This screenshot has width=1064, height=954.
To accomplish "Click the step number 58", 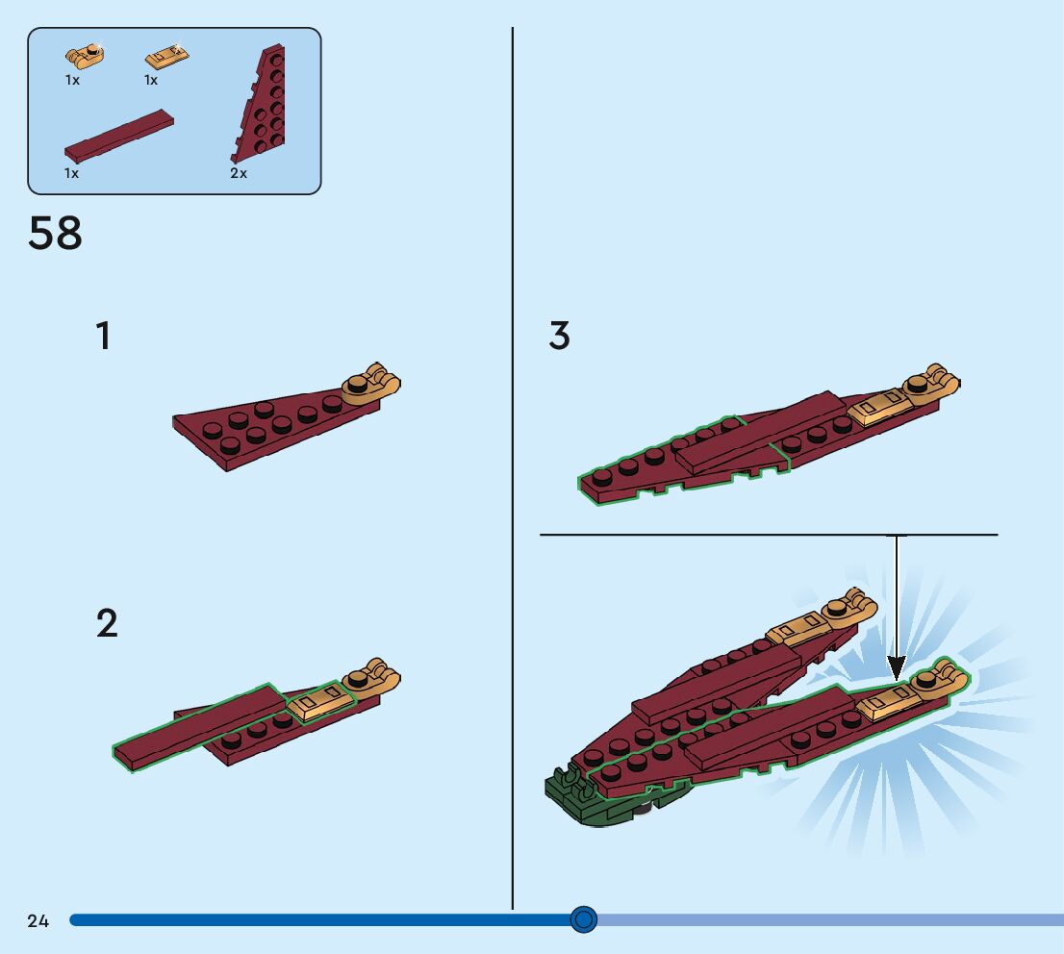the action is [x=56, y=234].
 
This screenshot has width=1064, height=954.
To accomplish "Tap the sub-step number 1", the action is [x=103, y=337].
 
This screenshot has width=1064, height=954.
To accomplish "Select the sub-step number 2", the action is [x=107, y=624].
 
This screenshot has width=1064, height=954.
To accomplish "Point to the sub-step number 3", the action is [x=559, y=337].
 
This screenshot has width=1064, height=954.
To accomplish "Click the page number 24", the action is [x=38, y=921].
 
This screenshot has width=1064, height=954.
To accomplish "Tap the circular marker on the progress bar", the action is [x=583, y=920].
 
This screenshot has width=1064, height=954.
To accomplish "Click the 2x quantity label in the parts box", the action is [x=239, y=173].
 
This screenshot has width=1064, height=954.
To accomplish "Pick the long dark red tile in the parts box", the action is [x=119, y=136].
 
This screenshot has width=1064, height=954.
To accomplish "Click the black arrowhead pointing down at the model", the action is [x=897, y=666].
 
